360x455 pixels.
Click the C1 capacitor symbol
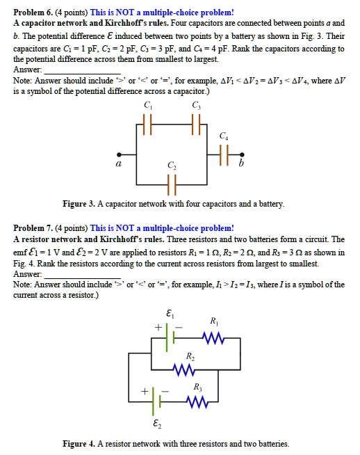point(146,129)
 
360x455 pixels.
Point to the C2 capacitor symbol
point(171,185)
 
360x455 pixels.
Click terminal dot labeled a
point(119,154)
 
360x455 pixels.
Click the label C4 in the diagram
point(222,135)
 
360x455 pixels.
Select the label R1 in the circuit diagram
point(213,321)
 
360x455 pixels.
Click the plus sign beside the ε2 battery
point(142,391)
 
